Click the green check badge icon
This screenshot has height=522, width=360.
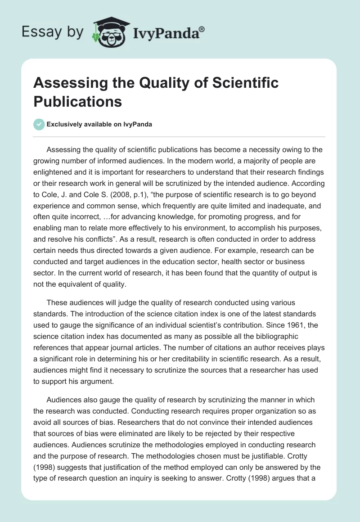point(39,124)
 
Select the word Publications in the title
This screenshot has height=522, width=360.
point(77,101)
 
